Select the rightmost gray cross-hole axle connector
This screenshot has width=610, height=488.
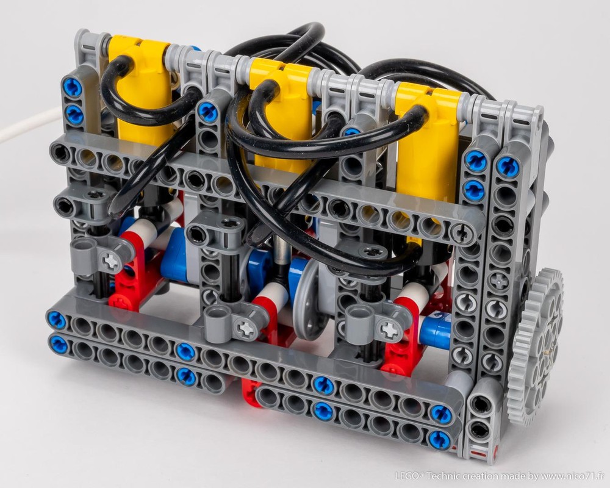click(x=381, y=323)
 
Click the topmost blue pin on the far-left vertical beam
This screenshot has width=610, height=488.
click(x=72, y=88)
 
